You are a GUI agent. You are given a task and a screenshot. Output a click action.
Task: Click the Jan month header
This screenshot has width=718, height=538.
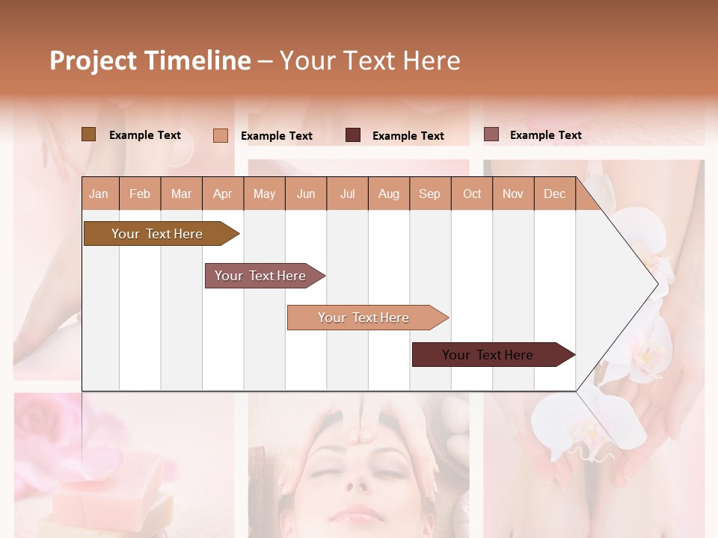(x=99, y=194)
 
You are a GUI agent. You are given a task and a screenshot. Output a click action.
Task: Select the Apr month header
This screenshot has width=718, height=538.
(x=222, y=194)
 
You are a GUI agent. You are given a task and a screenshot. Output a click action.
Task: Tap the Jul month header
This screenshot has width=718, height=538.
(x=347, y=194)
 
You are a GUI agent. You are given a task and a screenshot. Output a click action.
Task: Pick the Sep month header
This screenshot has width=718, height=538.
(x=429, y=194)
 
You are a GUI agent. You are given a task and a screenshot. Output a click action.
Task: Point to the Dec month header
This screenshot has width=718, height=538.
(x=554, y=194)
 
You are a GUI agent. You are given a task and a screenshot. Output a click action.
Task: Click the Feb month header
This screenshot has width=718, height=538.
(x=140, y=194)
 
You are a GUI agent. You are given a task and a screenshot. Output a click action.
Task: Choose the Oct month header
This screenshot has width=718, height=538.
(x=472, y=194)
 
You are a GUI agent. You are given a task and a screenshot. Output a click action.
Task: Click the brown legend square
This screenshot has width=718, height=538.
(x=89, y=134)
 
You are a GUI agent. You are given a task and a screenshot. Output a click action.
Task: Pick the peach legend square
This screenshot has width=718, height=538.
(x=221, y=135)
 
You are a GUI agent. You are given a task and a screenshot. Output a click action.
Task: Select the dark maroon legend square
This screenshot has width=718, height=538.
(x=353, y=135)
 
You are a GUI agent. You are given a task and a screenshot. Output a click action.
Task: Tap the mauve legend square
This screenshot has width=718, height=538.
(x=491, y=134)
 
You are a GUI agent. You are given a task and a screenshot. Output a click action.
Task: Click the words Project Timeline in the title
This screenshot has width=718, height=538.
(x=150, y=61)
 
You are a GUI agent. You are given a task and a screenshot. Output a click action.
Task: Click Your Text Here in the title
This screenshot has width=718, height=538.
(x=369, y=61)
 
